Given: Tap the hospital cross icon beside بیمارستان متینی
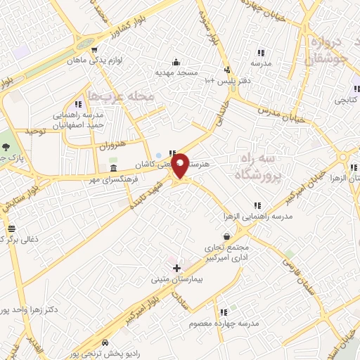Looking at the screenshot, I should pyautogui.click(x=176, y=268).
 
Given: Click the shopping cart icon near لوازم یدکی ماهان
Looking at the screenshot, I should pyautogui.click(x=94, y=49).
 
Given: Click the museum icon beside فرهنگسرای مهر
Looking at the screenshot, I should pyautogui.click(x=113, y=170).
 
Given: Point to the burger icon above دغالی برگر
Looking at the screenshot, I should pyautogui.click(x=11, y=229).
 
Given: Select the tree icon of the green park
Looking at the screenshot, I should pyautogui.click(x=6, y=147).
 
